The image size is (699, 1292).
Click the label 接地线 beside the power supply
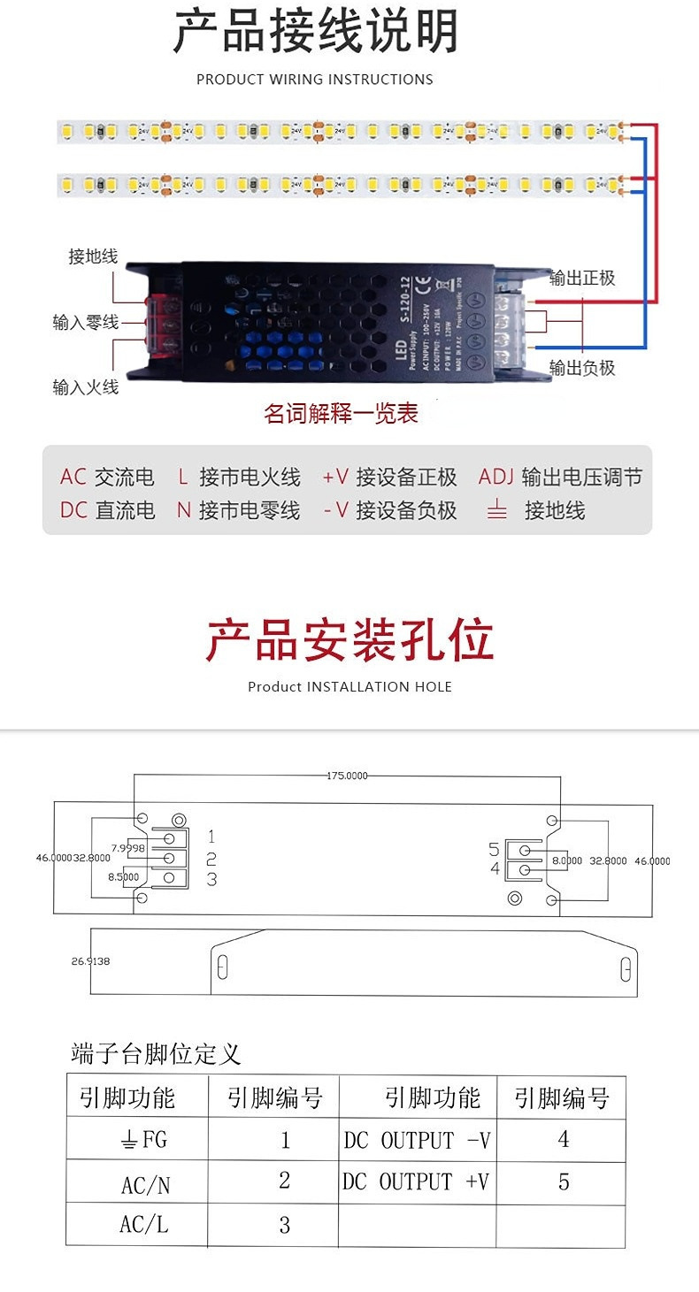tap(93, 256)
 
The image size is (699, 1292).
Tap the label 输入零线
tap(85, 322)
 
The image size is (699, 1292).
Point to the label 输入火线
tap(85, 386)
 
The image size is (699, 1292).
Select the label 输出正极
tap(581, 278)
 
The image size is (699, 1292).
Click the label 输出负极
tap(581, 368)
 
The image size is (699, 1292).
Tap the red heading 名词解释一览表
tap(341, 413)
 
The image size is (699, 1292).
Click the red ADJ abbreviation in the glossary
tap(495, 478)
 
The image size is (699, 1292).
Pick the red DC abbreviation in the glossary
tap(73, 510)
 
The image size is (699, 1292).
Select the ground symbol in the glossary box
tap(497, 510)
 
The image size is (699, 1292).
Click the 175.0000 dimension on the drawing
tap(347, 776)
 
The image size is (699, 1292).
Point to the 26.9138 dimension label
tap(90, 960)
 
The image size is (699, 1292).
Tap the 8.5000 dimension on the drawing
tap(123, 876)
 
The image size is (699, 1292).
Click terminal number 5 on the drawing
tap(494, 850)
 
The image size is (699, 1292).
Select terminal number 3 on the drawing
tap(211, 879)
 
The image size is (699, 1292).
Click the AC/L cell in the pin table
tap(143, 1225)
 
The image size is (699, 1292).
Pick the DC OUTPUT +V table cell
tap(416, 1182)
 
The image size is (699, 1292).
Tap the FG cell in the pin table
tap(143, 1140)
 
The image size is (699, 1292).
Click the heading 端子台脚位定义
tap(156, 1054)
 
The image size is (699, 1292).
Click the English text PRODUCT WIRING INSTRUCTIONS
tap(315, 80)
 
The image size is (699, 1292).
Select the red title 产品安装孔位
tap(349, 640)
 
